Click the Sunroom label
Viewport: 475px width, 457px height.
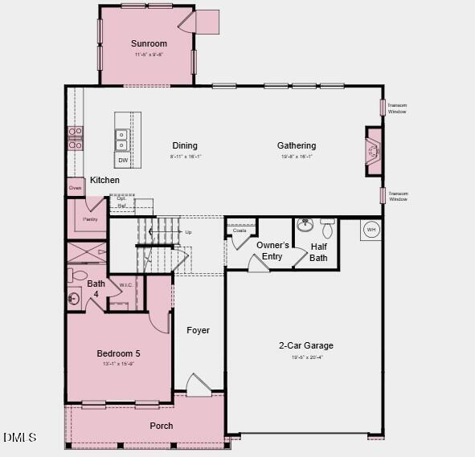coord(149,43)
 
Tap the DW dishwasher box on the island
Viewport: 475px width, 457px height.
coord(123,161)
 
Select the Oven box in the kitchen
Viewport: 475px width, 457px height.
coord(75,188)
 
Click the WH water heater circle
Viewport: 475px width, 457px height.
coord(371,230)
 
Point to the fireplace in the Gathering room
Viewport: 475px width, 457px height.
coord(373,150)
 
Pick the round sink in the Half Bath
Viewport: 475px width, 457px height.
coord(305,225)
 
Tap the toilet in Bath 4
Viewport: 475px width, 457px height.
coord(72,275)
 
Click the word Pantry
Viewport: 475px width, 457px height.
coord(90,218)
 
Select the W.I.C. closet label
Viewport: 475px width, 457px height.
coord(126,284)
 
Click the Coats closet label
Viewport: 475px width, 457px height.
coord(240,231)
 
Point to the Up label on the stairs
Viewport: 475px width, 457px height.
coord(188,232)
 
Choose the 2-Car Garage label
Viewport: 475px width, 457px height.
coord(305,346)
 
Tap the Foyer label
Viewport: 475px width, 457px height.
coord(198,330)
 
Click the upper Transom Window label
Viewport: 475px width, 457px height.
coord(397,108)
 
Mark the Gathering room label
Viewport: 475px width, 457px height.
coord(297,145)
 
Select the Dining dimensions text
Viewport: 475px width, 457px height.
coord(185,157)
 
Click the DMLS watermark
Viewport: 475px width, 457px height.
coord(20,438)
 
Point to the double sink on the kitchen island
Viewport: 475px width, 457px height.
coord(122,140)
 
